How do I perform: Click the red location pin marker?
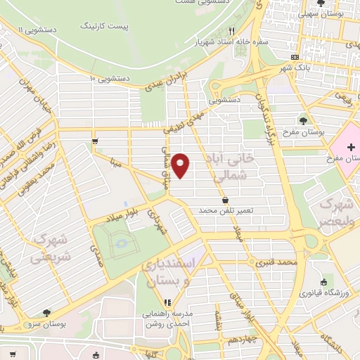pos(181,165)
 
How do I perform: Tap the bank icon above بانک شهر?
pos(295,57)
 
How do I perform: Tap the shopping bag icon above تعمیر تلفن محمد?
pos(224,200)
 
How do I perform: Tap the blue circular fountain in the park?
pos(122,244)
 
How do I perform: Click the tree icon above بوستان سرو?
pos(46,313)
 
